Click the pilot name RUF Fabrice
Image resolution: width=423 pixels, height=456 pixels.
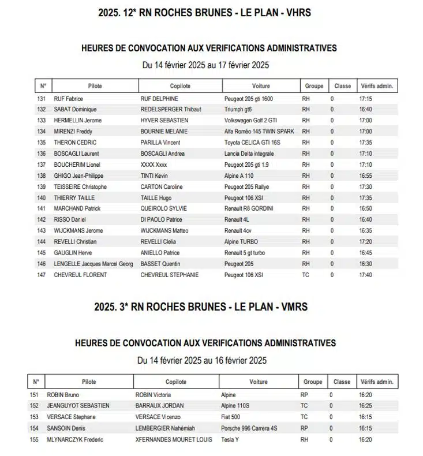[68, 99]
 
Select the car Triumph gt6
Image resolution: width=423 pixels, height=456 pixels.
[238, 110]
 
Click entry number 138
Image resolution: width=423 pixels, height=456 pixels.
[42, 175]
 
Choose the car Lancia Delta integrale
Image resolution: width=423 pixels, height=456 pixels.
[249, 154]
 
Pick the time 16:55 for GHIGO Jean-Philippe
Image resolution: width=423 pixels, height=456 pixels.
[365, 175]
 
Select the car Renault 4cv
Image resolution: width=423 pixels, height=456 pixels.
[238, 230]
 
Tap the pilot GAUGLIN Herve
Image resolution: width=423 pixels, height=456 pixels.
[73, 253]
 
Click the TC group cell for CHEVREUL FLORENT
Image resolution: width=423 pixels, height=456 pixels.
[305, 275]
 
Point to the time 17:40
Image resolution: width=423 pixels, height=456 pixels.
[365, 275]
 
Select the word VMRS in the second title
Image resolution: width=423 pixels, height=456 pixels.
[294, 307]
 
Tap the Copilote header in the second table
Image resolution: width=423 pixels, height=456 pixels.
[175, 382]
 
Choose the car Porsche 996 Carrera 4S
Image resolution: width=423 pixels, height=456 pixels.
[249, 428]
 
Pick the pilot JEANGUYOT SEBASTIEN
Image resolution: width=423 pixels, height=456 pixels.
[78, 406]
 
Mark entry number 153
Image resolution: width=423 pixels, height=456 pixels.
[35, 417]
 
